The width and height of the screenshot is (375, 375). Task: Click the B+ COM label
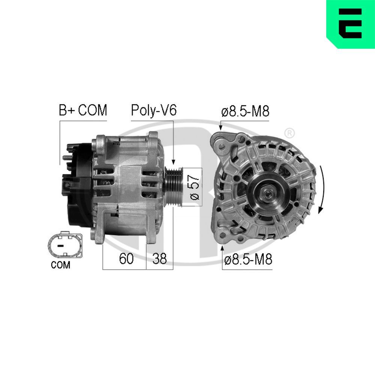[x=83, y=111]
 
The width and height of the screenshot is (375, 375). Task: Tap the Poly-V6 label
[x=153, y=111]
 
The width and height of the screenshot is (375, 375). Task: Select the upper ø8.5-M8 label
[x=245, y=112]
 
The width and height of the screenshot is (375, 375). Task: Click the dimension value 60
[x=126, y=259]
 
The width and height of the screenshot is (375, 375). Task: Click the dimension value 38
[x=159, y=259]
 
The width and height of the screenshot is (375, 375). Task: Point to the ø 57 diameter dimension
[x=195, y=187]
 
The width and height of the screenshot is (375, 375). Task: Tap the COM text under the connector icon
[x=60, y=265]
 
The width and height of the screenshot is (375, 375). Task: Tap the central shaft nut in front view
[x=269, y=193]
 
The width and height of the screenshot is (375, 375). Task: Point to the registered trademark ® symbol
[x=289, y=133]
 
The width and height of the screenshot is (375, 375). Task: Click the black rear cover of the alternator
[x=81, y=187]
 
